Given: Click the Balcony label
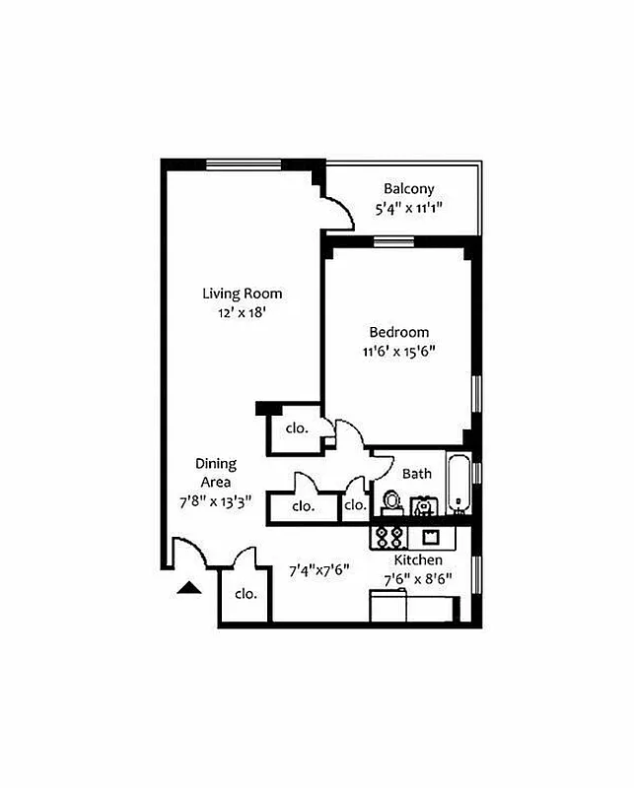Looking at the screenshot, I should pyautogui.click(x=408, y=189).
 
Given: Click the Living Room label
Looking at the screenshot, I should pyautogui.click(x=242, y=294).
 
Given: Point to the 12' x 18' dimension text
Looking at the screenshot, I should pyautogui.click(x=243, y=312).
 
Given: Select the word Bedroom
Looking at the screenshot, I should pyautogui.click(x=398, y=332).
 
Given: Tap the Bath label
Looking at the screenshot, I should pyautogui.click(x=416, y=474).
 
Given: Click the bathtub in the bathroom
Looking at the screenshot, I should pyautogui.click(x=458, y=485).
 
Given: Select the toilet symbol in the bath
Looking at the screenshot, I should pyautogui.click(x=391, y=502).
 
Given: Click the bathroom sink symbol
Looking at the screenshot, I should pyautogui.click(x=424, y=506).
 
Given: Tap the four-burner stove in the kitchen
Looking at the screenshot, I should pyautogui.click(x=388, y=537).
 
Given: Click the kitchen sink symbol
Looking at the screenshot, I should pyautogui.click(x=430, y=537).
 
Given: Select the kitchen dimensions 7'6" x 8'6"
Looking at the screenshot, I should pyautogui.click(x=418, y=580).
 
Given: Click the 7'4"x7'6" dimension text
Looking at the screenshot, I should pyautogui.click(x=318, y=569).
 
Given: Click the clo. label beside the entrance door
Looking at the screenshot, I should pyautogui.click(x=246, y=594).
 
